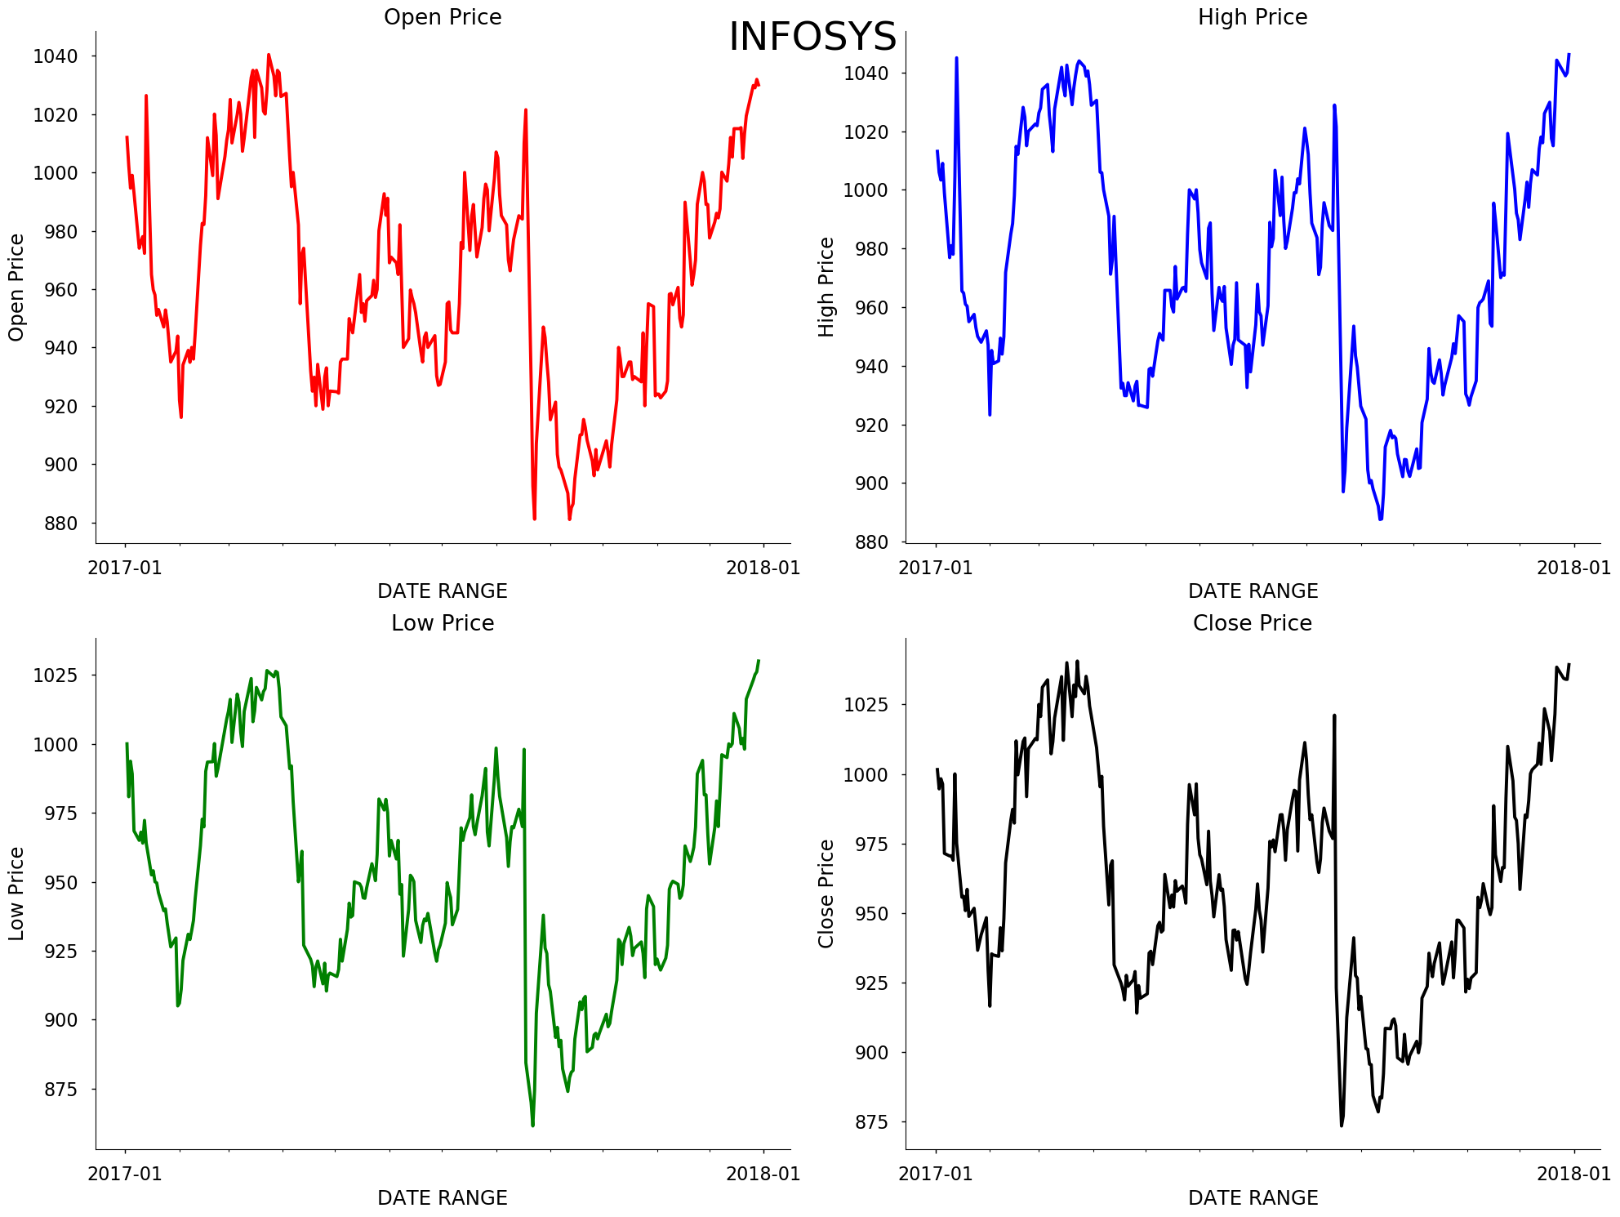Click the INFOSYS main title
[812, 37]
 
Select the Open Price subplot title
[443, 17]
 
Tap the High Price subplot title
[1253, 17]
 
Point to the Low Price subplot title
[443, 623]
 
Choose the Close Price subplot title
[1253, 623]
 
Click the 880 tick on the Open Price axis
[56, 523]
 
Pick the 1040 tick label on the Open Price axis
[56, 56]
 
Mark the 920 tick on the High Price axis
[866, 425]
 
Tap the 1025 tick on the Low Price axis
[56, 675]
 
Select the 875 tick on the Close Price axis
[866, 1122]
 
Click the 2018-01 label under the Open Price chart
[763, 568]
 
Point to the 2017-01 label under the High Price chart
[936, 568]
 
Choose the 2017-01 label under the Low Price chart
[125, 1174]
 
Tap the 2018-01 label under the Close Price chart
[1573, 1174]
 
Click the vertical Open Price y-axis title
[16, 287]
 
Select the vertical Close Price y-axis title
[826, 894]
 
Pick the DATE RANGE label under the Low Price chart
[443, 1197]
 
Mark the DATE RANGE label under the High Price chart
[1253, 591]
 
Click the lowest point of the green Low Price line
[532, 1126]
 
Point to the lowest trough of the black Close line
[1341, 1126]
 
